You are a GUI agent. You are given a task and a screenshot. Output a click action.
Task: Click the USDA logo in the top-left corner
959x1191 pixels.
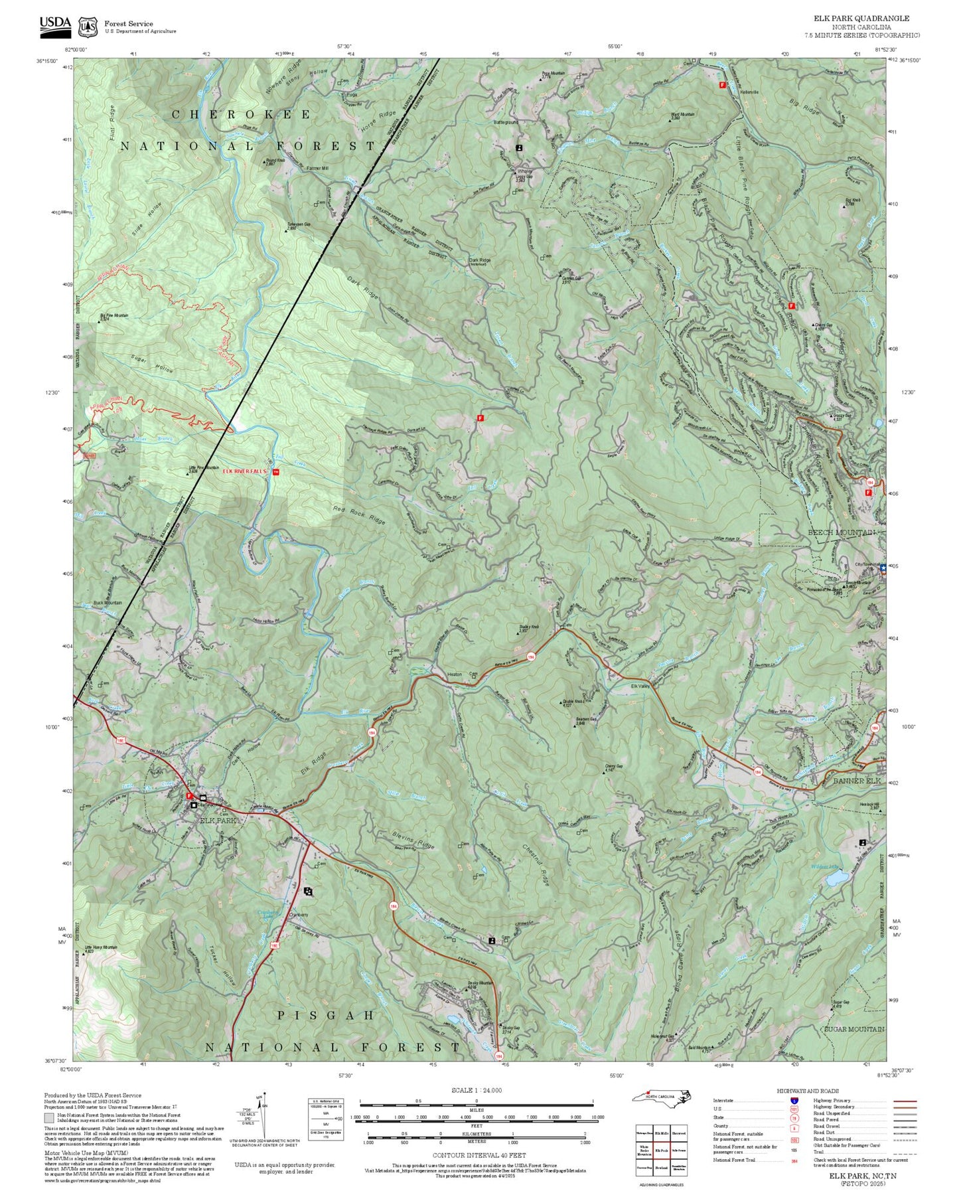(x=55, y=25)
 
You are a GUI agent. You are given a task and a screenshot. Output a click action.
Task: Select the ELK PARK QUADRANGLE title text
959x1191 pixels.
(x=861, y=19)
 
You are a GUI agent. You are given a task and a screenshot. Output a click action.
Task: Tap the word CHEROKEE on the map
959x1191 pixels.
(x=241, y=114)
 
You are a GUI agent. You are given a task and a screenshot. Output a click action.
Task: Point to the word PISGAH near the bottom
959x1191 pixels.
(x=326, y=1016)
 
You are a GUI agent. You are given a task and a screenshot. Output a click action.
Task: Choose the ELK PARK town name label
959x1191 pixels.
(x=218, y=821)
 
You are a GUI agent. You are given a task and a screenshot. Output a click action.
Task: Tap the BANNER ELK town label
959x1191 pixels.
(x=857, y=781)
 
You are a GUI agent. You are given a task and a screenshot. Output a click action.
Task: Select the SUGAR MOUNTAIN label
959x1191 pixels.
(x=853, y=1029)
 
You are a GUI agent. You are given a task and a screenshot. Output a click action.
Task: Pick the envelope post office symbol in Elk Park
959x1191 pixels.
(x=203, y=797)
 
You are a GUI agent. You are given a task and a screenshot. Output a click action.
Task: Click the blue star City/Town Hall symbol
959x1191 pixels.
(x=883, y=568)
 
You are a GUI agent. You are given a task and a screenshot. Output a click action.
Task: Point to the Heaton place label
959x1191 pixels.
(x=454, y=675)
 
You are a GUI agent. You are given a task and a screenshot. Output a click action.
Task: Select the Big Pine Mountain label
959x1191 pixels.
(x=114, y=316)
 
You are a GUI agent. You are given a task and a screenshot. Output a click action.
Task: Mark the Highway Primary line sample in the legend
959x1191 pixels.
(x=905, y=1101)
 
